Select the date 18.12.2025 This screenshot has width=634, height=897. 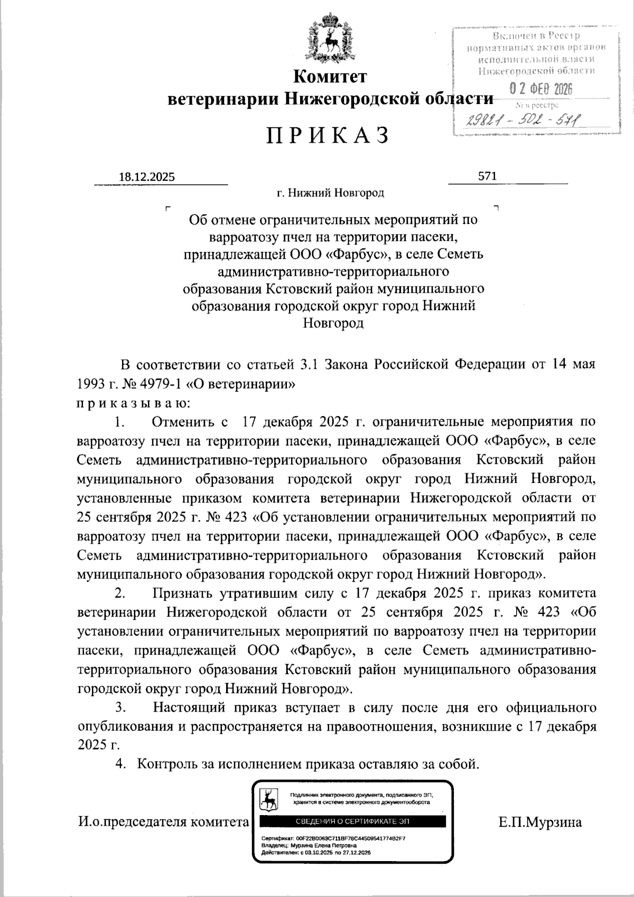pos(147,177)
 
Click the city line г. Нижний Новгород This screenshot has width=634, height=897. pos(331,193)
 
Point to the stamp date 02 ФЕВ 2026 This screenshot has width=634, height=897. pos(540,90)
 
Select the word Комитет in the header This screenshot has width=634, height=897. pos(330,77)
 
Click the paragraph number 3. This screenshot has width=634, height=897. pos(120,707)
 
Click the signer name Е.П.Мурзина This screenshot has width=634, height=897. pos(539,822)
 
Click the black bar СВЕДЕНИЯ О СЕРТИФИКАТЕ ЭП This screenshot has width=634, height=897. pos(352,821)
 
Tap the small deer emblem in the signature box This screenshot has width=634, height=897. pos(269,799)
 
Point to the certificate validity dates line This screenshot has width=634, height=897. pos(316,853)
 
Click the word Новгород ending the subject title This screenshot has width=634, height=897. pos(333,323)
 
